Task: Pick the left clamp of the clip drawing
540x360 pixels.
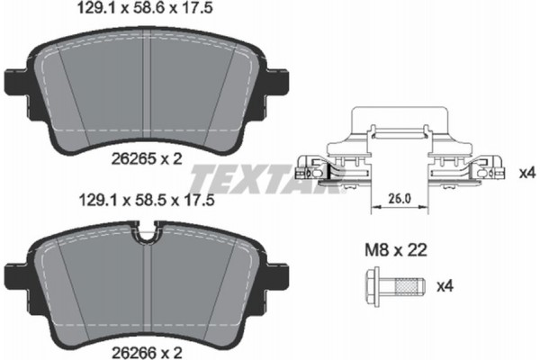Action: [x=317, y=167]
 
